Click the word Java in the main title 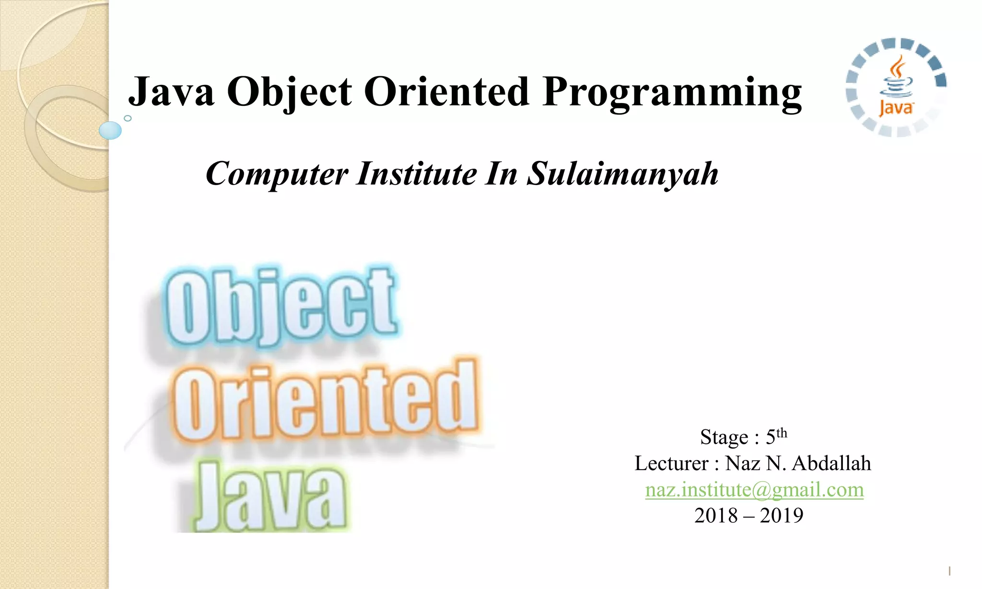pos(171,92)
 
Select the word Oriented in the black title pos(446,92)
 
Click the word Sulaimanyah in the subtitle pos(622,173)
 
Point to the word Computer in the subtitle pos(277,173)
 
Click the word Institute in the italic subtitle pos(416,173)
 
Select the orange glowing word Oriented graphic pos(325,401)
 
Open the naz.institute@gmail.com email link pos(754,490)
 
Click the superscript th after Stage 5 pos(782,433)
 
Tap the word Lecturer pos(671,463)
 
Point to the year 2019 pos(782,516)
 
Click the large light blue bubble pos(110,130)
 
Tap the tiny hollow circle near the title pos(128,118)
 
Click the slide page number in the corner pos(949,571)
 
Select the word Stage pos(724,437)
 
